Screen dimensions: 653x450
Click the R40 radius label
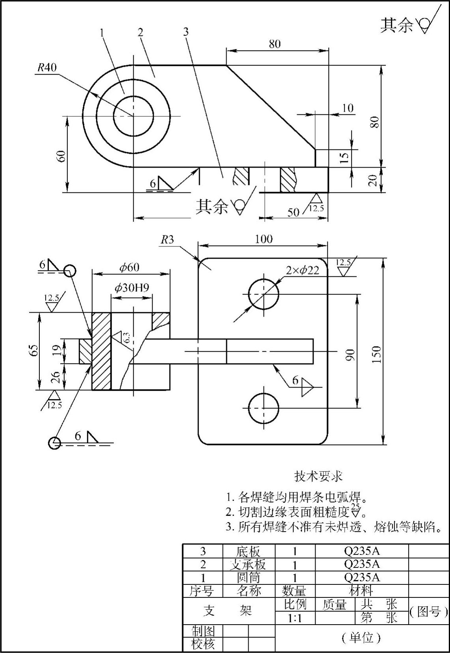pyautogui.click(x=47, y=67)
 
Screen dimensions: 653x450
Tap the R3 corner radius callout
pyautogui.click(x=167, y=240)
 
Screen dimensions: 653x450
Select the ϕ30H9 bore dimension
pyautogui.click(x=132, y=288)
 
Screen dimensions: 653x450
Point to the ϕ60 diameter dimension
pyautogui.click(x=130, y=267)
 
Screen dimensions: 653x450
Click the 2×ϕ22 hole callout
pyautogui.click(x=303, y=270)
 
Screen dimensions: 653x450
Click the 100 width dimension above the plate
pyautogui.click(x=263, y=239)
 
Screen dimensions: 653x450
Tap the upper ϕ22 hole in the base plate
pyautogui.click(x=263, y=294)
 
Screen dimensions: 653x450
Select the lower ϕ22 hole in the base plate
pyautogui.click(x=263, y=408)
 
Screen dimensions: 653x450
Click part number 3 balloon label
pyautogui.click(x=186, y=32)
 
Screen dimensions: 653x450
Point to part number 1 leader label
pyautogui.click(x=102, y=32)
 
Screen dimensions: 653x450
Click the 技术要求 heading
pyautogui.click(x=318, y=476)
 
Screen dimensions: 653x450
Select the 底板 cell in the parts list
pyautogui.click(x=248, y=551)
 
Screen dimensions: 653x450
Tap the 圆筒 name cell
pyautogui.click(x=248, y=578)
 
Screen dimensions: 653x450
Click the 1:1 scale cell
pyautogui.click(x=294, y=618)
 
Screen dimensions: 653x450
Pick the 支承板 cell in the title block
pyautogui.click(x=248, y=564)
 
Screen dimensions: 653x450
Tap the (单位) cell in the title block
pyautogui.click(x=361, y=638)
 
